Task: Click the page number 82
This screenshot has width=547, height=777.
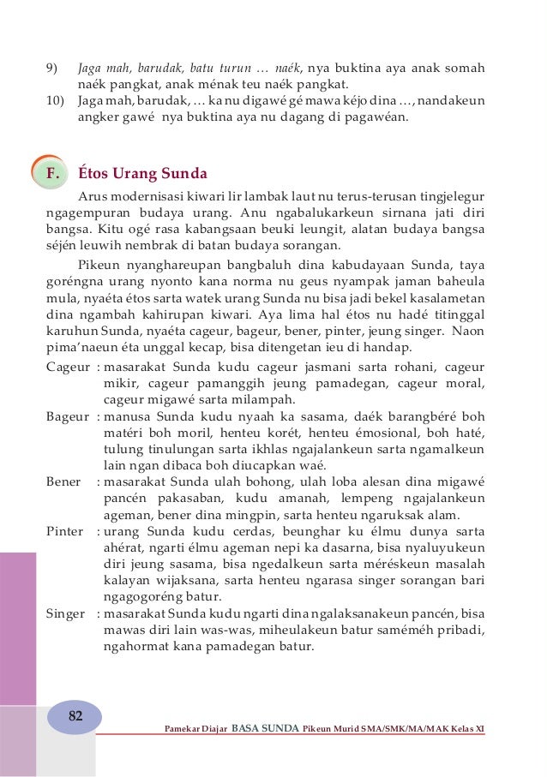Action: (x=75, y=716)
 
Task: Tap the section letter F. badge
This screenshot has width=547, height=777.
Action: (x=56, y=175)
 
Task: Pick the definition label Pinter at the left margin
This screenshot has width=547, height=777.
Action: (x=65, y=531)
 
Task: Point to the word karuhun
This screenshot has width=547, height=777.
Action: (x=71, y=331)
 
